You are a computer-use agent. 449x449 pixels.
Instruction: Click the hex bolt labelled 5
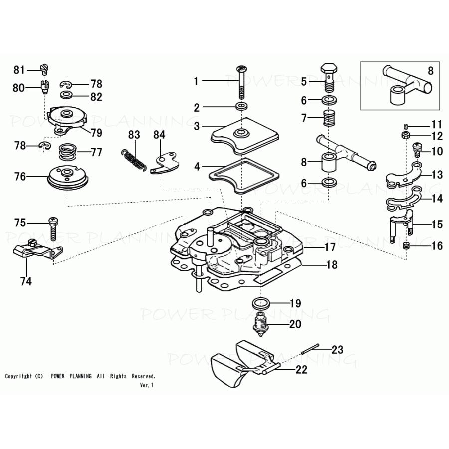328,74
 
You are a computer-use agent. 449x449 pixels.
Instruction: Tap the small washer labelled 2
242,107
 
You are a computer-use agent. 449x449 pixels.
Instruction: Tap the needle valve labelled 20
260,324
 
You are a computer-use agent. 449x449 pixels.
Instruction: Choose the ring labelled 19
261,303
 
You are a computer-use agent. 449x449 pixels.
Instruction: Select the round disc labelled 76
66,177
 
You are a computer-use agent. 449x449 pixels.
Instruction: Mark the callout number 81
19,70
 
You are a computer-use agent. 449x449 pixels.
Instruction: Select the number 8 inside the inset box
430,70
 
